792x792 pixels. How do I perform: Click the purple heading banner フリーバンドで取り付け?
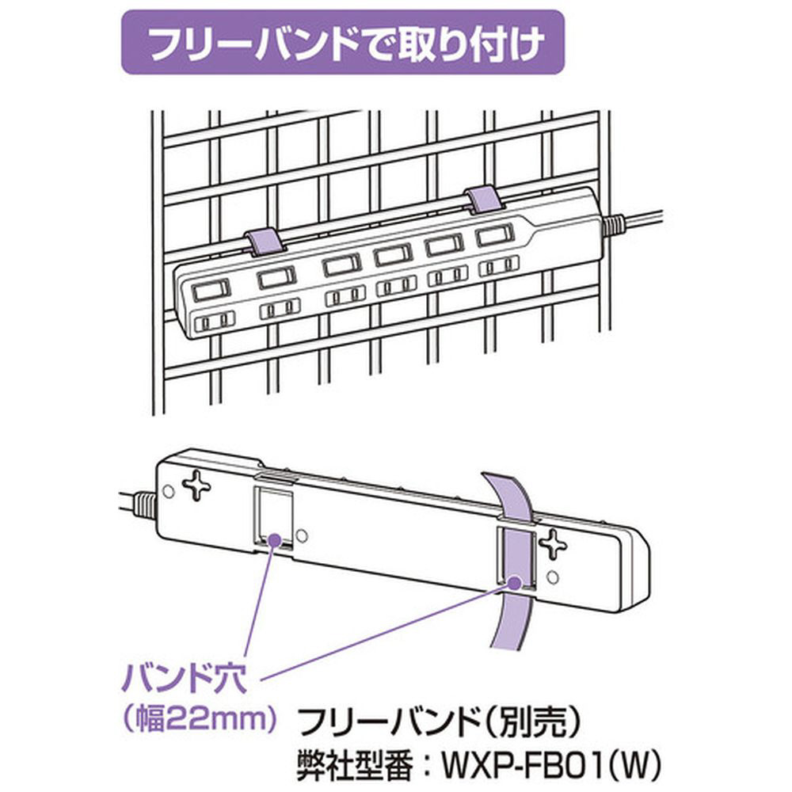point(342,43)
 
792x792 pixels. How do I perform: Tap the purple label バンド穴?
point(185,680)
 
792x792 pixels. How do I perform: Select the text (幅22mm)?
point(200,719)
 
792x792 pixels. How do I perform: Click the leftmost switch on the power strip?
point(210,291)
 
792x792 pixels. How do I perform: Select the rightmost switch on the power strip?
point(496,235)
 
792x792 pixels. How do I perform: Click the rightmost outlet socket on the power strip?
point(500,265)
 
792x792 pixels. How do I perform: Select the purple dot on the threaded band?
point(515,582)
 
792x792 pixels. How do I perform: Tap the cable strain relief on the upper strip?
point(613,225)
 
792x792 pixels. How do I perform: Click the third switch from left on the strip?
point(342,265)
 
